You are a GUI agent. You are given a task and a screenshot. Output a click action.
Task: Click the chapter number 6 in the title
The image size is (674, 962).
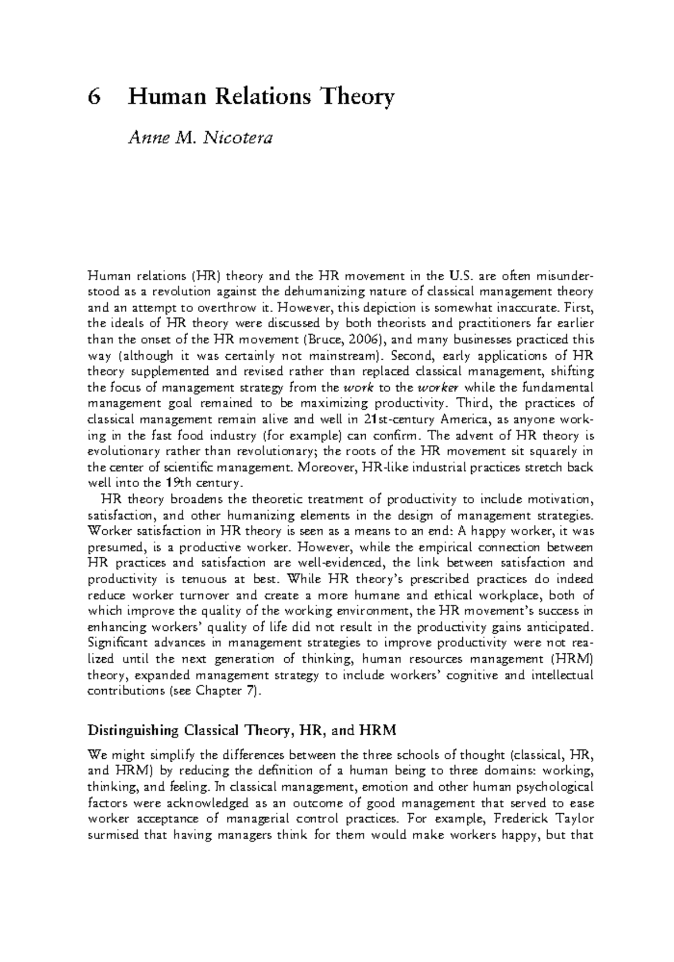pos(94,97)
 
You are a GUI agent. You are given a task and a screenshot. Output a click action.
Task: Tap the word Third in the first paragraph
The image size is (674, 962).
pos(473,403)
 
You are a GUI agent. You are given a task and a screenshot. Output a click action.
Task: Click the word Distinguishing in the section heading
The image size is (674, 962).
pos(133,731)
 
